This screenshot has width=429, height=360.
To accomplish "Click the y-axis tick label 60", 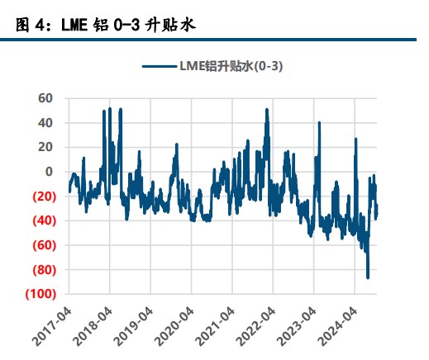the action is point(45,98).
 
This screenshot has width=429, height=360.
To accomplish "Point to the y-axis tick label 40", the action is point(45,123).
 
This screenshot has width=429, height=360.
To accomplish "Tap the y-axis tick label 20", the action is point(45,147).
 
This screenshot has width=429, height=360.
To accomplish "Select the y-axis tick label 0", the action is point(49,172).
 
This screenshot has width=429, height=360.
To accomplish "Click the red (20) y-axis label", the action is point(45,197).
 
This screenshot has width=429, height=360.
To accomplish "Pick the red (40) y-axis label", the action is point(45,220).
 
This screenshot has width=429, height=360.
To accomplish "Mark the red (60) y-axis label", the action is point(45,245).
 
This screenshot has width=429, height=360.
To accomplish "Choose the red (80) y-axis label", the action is point(45,270).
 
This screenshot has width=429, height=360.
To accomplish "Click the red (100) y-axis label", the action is point(41,294).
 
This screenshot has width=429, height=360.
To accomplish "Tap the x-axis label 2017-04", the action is point(52,327).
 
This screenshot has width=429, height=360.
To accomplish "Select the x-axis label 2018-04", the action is point(93,327).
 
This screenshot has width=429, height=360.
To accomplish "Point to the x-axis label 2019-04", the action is point(134,327).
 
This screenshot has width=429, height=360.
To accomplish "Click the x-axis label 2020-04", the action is point(174,327).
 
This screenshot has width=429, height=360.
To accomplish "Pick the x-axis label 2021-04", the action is point(215,327).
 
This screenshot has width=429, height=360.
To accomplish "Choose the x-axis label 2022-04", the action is point(256,327).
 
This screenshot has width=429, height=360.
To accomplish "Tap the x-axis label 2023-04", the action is point(297,327).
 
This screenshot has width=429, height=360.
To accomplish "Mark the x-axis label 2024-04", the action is point(337,327).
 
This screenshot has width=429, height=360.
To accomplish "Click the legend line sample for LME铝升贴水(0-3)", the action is point(160,66).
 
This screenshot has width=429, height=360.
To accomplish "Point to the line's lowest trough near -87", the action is point(368,277).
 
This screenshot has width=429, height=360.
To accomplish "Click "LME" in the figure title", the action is point(74,25).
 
